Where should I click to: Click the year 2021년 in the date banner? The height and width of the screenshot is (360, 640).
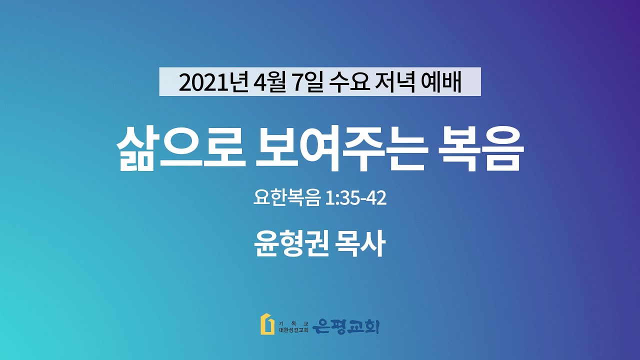(x=213, y=82)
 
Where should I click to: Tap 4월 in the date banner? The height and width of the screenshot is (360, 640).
(x=269, y=82)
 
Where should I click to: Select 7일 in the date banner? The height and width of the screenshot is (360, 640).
(x=307, y=82)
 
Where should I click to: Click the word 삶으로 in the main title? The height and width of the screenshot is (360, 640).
(x=181, y=148)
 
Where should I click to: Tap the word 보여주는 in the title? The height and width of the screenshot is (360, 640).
(x=341, y=148)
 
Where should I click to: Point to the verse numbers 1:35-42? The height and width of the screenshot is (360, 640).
(x=355, y=198)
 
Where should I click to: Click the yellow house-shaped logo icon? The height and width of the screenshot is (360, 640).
(x=267, y=324)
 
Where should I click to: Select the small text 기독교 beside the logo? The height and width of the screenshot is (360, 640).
(x=293, y=324)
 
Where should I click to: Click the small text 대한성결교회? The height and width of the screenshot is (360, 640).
(x=293, y=330)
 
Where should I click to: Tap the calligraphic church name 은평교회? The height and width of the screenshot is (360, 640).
(x=345, y=327)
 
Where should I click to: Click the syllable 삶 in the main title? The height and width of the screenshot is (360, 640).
(x=135, y=148)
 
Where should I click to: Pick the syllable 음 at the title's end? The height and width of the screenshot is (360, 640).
(x=504, y=148)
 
